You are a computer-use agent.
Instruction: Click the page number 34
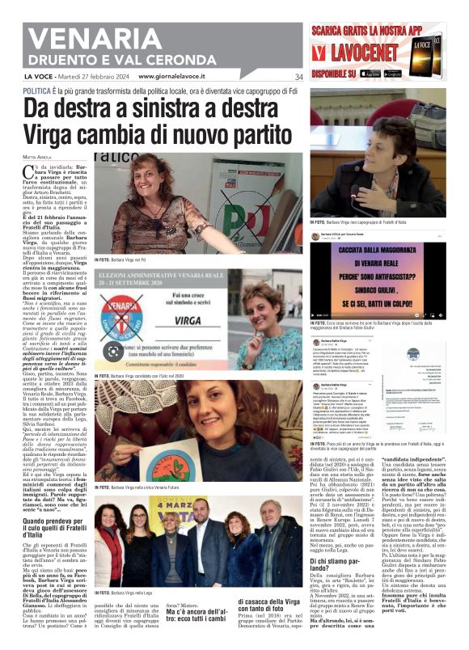coord(298,77)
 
